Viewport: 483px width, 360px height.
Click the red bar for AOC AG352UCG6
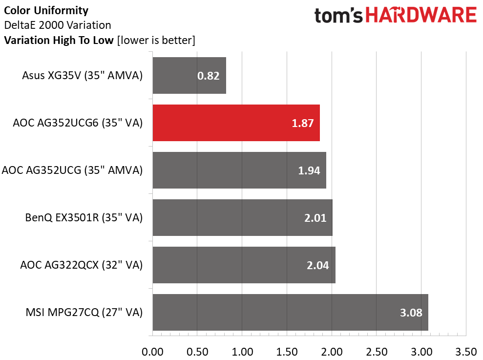point(236,123)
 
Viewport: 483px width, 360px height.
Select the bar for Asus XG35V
point(189,75)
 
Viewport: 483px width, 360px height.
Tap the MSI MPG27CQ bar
point(290,312)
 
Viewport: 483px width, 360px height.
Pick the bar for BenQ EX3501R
point(242,217)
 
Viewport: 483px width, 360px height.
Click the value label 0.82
point(208,76)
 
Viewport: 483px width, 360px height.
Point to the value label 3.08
point(410,313)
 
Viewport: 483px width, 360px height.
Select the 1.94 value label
point(308,170)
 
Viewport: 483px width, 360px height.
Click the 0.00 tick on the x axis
point(152,352)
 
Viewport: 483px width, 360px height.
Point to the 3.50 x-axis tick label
point(465,352)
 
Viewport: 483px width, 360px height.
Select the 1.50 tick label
point(287,352)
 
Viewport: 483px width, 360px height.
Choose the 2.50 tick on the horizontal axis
point(376,352)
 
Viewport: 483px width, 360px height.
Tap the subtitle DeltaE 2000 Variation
point(57,25)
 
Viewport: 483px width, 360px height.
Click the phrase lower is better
point(156,41)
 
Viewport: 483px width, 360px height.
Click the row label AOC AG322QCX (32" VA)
point(81,265)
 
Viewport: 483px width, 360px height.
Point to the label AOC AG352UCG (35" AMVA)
point(72,170)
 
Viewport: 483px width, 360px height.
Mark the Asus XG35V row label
point(82,76)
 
